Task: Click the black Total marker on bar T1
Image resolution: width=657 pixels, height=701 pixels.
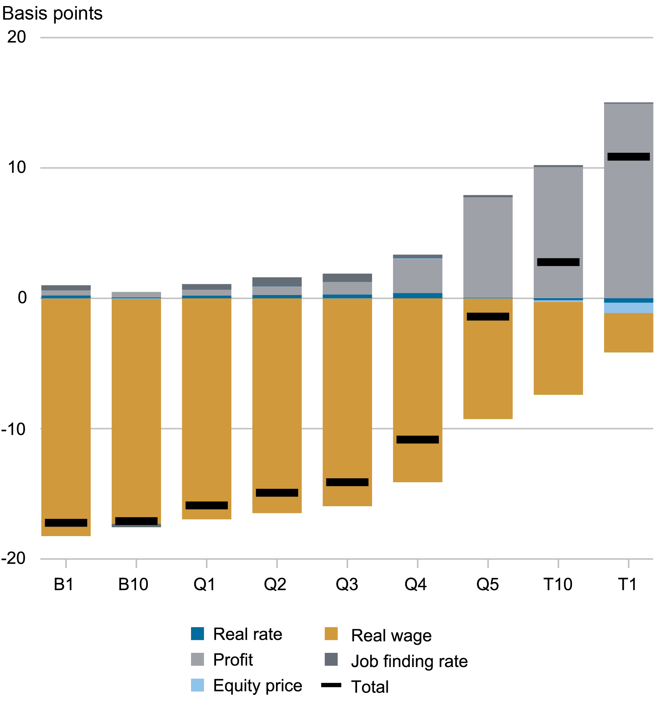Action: [628, 157]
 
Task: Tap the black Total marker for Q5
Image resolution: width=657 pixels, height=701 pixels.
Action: [488, 316]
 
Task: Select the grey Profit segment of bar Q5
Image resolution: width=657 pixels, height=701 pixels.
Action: [488, 246]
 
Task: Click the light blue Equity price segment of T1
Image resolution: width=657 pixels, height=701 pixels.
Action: [628, 308]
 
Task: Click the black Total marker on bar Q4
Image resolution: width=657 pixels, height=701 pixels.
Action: [417, 440]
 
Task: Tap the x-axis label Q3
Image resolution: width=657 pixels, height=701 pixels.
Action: [347, 584]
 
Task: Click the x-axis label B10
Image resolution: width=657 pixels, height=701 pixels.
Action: [133, 584]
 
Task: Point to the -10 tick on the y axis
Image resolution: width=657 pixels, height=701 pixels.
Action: [14, 429]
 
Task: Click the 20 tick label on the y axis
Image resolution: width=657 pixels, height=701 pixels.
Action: [16, 37]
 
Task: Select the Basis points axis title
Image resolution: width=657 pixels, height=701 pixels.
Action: [52, 14]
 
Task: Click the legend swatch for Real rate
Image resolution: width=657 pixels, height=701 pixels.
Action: [197, 634]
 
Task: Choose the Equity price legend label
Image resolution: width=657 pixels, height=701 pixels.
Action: [257, 685]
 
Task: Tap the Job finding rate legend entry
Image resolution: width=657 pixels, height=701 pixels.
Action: [409, 661]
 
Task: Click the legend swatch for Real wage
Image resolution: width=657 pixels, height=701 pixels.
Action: [331, 634]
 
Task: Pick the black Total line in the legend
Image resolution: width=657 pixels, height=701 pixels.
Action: [331, 685]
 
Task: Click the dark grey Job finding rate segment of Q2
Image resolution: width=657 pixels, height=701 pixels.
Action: [277, 281]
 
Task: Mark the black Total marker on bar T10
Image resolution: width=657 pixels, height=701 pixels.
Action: [558, 262]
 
